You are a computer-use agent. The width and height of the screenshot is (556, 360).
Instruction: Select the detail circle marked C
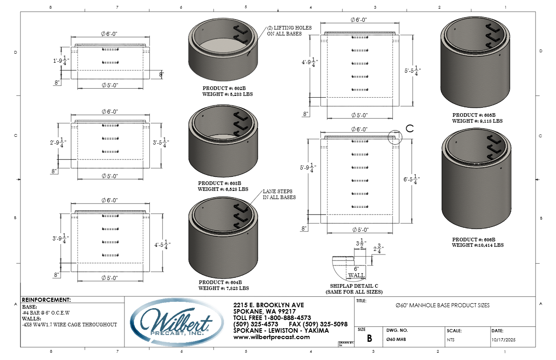click(396, 138)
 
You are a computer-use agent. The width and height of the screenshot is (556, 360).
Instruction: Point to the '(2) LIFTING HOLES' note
click(289, 30)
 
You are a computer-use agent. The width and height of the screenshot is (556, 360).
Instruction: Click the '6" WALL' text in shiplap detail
click(356, 272)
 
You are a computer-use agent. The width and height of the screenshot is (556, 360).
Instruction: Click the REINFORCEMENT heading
click(46, 300)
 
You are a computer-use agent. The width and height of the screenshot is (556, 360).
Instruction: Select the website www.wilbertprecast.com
click(271, 337)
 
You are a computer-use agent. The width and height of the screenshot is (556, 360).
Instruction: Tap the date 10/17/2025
click(503, 340)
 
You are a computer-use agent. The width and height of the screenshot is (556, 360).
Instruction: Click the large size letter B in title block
click(369, 339)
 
